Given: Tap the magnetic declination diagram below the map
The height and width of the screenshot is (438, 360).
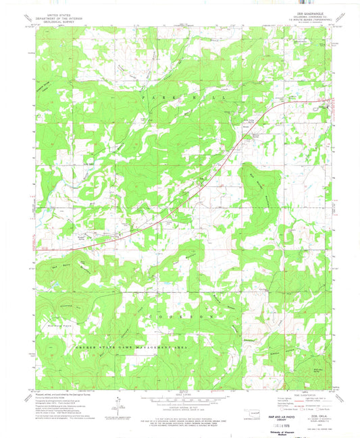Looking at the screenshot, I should [118, 404].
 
